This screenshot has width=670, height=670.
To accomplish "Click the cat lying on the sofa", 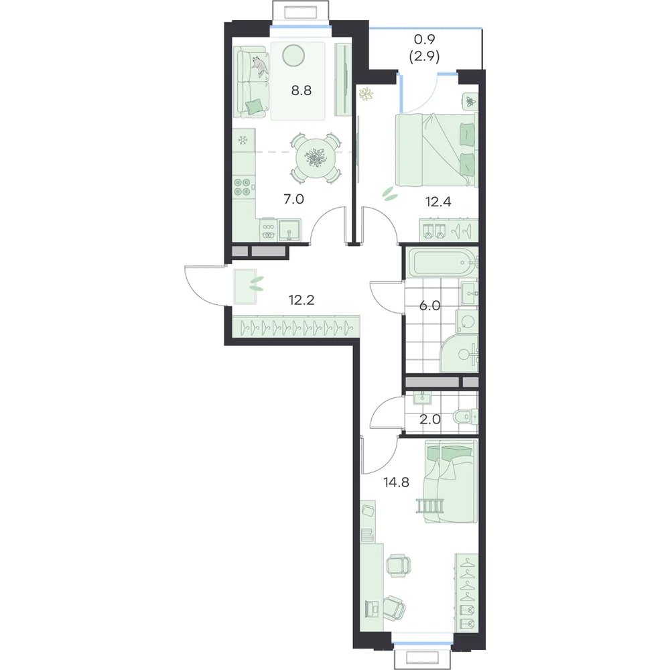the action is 260,66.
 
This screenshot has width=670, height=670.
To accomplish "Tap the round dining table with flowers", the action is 316,158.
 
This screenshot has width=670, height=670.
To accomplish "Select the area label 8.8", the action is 301,90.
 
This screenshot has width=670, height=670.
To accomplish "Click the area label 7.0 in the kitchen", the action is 294,199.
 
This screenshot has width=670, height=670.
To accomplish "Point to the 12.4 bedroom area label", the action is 438,202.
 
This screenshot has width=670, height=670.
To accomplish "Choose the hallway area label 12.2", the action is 301,300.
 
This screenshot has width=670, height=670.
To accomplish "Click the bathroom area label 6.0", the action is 429,306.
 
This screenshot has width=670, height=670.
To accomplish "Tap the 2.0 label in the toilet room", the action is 429,419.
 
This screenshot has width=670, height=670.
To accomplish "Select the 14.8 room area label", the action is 397,482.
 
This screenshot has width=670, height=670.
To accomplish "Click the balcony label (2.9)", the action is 424,57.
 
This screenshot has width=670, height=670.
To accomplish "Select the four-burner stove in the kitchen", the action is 243,187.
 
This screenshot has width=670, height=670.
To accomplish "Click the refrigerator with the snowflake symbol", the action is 244,140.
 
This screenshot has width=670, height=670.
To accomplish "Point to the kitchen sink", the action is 290,230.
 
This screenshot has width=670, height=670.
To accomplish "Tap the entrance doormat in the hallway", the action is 245,286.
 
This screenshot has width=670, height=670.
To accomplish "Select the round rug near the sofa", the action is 294,56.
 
